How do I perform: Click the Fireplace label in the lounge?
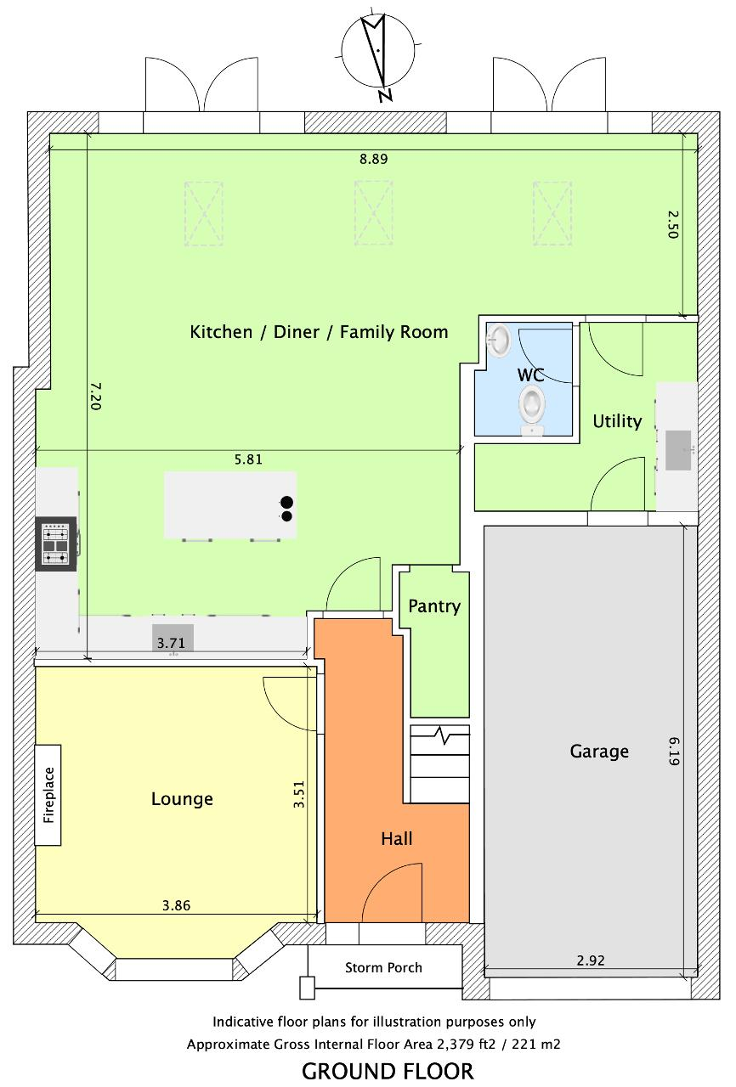[x=49, y=795]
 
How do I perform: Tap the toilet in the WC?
[x=532, y=408]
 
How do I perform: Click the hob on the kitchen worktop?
[x=55, y=543]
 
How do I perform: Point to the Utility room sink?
[x=678, y=450]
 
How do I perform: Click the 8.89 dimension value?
[x=373, y=159]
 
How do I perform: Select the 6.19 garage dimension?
[x=674, y=752]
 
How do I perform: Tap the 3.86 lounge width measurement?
[x=176, y=905]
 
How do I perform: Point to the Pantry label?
[x=434, y=606]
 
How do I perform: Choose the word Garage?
[x=599, y=752]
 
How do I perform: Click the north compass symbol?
[x=379, y=53]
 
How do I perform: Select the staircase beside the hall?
[x=440, y=763]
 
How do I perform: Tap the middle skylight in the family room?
[x=373, y=213]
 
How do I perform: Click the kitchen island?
[x=230, y=504]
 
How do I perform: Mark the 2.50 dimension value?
[x=672, y=223]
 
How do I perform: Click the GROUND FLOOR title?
[x=388, y=1071]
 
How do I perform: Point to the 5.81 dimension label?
[x=248, y=459]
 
